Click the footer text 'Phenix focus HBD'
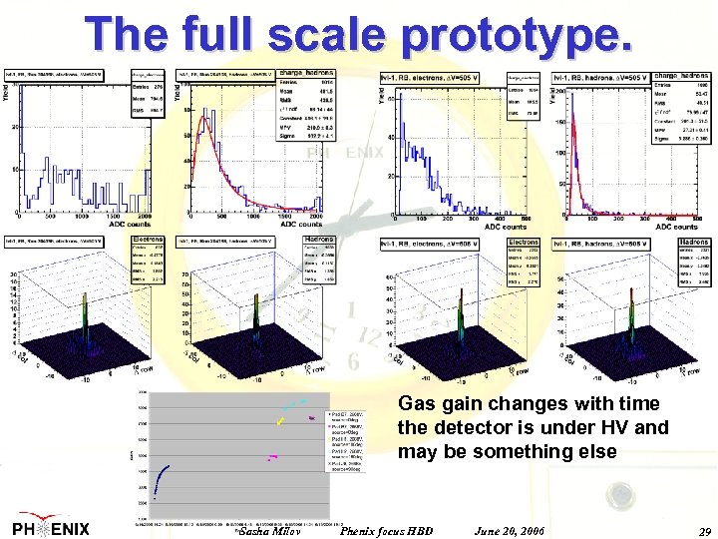tap(387, 531)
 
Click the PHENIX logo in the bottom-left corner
tap(50, 528)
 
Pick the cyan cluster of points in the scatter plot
tap(296, 403)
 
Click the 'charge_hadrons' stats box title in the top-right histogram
tap(686, 76)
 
